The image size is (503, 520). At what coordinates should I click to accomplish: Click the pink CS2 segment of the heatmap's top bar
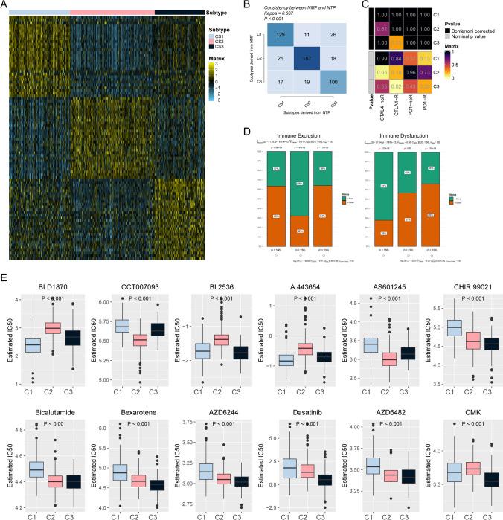point(112,13)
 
